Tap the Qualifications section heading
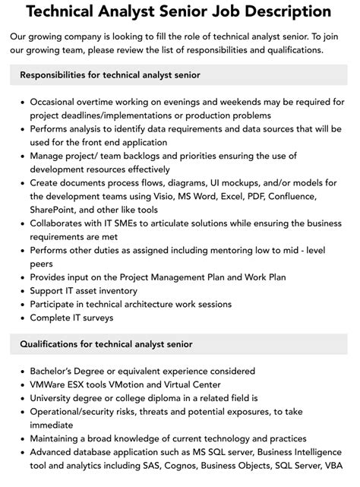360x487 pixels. pyautogui.click(x=106, y=344)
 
